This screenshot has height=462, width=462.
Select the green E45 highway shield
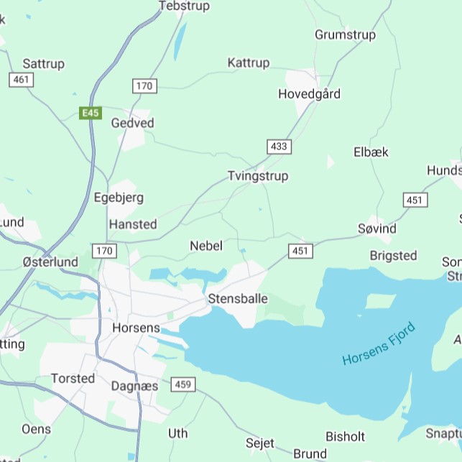tap(91, 113)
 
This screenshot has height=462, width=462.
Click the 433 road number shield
tap(279, 147)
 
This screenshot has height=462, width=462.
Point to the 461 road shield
tap(21, 80)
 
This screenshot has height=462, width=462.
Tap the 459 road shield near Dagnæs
tap(183, 385)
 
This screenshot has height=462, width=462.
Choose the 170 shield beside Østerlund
tap(104, 251)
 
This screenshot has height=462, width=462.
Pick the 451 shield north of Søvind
tap(415, 200)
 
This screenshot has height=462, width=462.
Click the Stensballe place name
tap(238, 298)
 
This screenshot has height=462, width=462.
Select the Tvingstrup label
tap(257, 176)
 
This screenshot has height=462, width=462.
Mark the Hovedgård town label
tap(309, 94)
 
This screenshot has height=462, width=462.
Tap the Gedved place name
tap(132, 123)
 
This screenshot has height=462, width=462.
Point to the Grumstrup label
tap(346, 34)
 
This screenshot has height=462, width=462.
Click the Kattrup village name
tap(249, 63)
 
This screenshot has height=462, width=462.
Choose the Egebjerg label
tap(119, 198)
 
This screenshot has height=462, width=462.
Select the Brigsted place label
tap(393, 255)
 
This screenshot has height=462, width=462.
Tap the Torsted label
tap(73, 378)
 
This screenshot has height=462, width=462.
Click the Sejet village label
tap(260, 443)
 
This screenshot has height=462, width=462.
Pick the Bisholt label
tap(346, 436)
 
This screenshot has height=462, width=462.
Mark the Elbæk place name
tap(371, 152)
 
